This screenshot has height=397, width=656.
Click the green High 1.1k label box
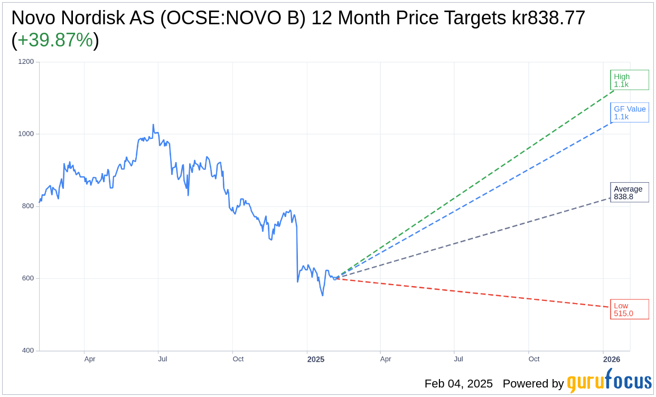(x=629, y=80)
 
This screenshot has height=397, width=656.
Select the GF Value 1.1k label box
(x=630, y=113)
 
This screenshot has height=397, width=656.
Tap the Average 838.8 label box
(x=629, y=193)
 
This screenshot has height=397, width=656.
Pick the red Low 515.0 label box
(x=629, y=309)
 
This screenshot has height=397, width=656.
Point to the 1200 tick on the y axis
(x=26, y=62)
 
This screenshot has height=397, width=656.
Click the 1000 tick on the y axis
(x=26, y=134)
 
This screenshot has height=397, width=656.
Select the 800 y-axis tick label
(x=27, y=206)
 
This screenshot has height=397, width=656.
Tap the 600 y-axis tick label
(x=27, y=278)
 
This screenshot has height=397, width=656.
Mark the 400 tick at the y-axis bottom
(x=27, y=351)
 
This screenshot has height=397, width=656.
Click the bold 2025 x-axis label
(x=316, y=360)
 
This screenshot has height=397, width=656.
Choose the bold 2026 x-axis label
(x=612, y=360)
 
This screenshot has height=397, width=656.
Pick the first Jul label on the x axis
(x=162, y=360)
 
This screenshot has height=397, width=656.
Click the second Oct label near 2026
(x=534, y=360)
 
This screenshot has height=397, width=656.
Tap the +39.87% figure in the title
(x=55, y=41)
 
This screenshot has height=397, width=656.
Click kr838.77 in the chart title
(x=548, y=18)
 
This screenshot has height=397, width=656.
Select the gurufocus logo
(x=609, y=382)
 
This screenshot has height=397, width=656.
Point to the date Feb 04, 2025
(x=458, y=384)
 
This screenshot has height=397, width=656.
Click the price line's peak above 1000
(x=153, y=125)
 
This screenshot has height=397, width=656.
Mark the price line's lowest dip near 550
(x=323, y=295)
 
